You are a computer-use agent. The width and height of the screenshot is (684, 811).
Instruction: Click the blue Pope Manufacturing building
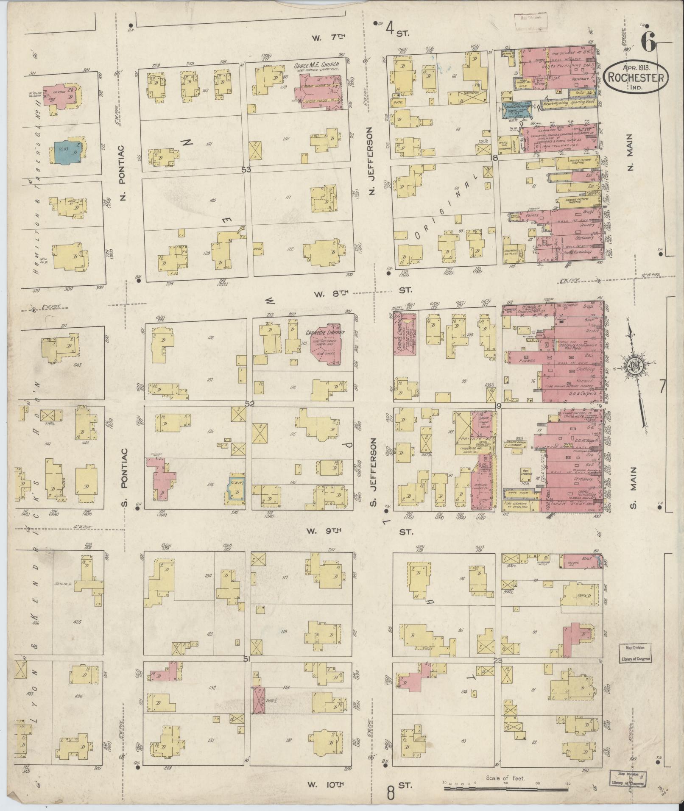[516, 111]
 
